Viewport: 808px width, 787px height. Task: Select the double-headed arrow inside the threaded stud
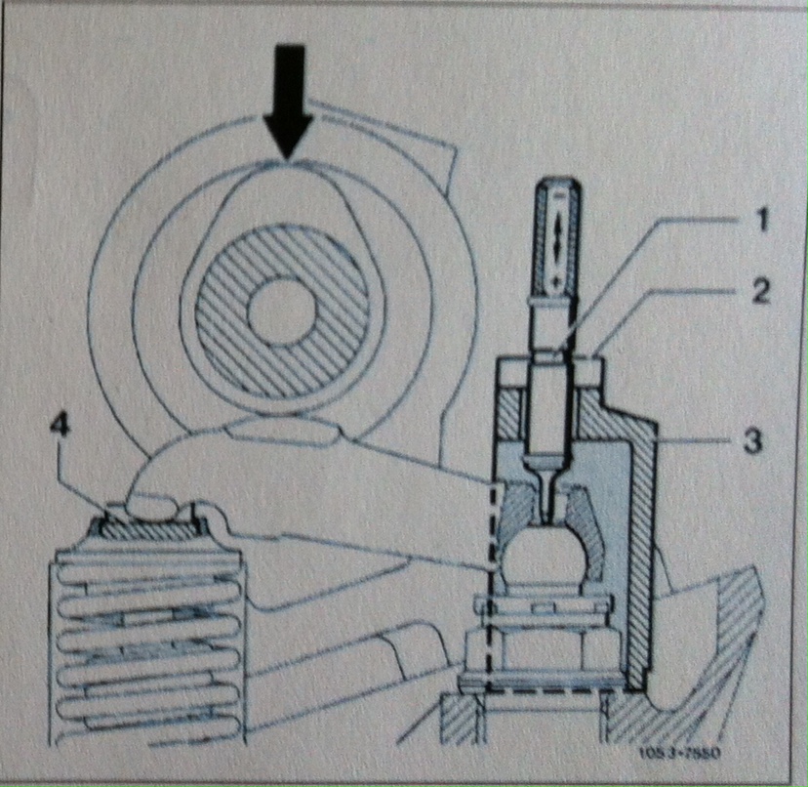pyautogui.click(x=557, y=235)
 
